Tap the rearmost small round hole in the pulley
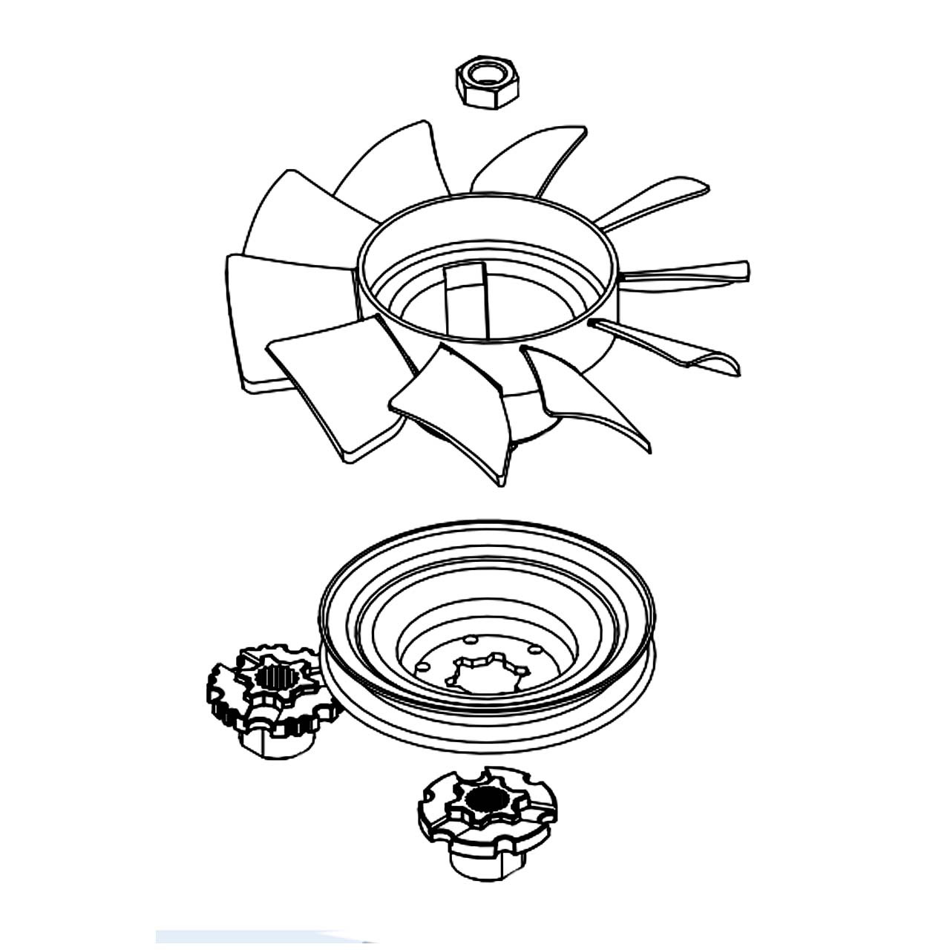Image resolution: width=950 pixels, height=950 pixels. (471, 638)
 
